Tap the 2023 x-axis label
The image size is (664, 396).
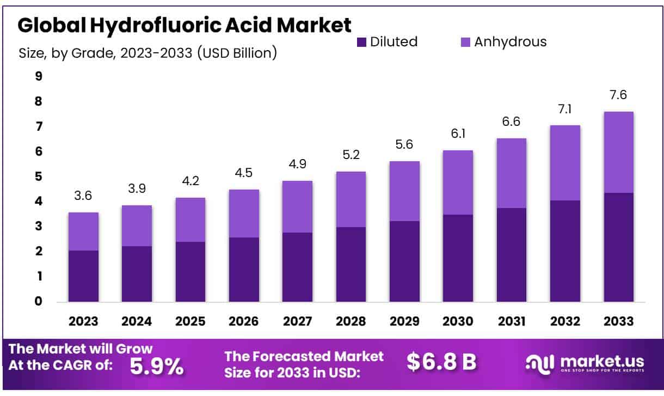pos(83,321)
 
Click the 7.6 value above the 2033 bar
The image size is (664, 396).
pos(618,95)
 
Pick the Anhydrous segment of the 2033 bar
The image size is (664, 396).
pos(618,152)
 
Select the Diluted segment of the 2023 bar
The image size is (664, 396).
pos(83,276)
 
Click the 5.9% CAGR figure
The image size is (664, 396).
pos(157,366)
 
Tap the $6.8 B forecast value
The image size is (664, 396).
pos(441,362)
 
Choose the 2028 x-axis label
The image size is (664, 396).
pos(351,321)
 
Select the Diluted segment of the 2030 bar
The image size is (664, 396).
pos(458,258)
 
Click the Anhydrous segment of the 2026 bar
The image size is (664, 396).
pos(244,214)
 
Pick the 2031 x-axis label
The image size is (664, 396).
pos(511,321)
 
